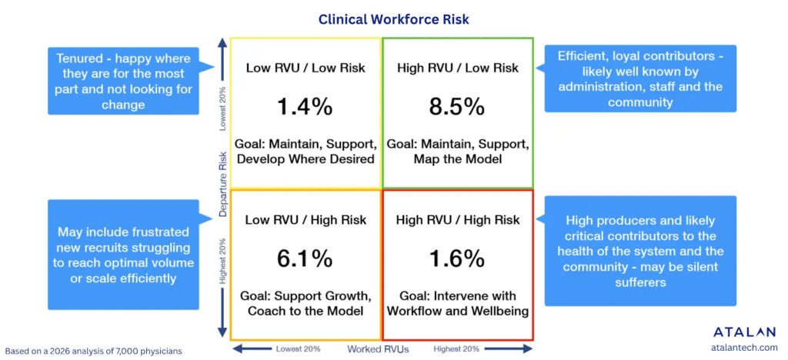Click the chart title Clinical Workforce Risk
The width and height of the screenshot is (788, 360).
(x=393, y=18)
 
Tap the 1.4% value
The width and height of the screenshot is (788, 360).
(x=305, y=107)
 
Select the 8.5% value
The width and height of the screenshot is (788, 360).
(x=457, y=107)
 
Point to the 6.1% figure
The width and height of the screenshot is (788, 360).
(x=305, y=258)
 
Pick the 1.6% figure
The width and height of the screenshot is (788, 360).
(x=457, y=258)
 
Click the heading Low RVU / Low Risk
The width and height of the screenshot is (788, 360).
(x=306, y=68)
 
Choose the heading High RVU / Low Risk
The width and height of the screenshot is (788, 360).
(x=457, y=68)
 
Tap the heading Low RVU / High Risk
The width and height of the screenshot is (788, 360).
(x=306, y=220)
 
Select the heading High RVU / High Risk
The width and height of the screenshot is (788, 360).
(x=457, y=220)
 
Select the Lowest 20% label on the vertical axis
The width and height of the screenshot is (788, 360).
(x=223, y=108)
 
